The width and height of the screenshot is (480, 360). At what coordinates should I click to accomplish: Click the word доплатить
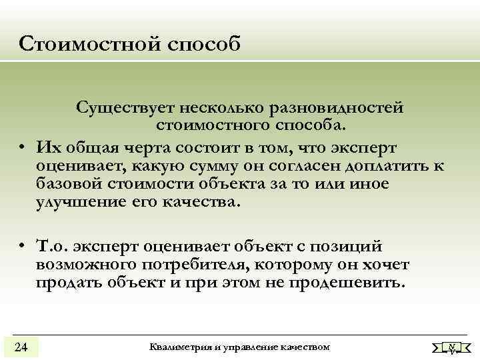tap(380, 165)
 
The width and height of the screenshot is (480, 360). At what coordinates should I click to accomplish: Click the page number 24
tap(21, 347)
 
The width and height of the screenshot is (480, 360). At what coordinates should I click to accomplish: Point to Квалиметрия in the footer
tap(183, 347)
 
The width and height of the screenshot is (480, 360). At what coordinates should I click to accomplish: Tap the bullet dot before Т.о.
tap(22, 247)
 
